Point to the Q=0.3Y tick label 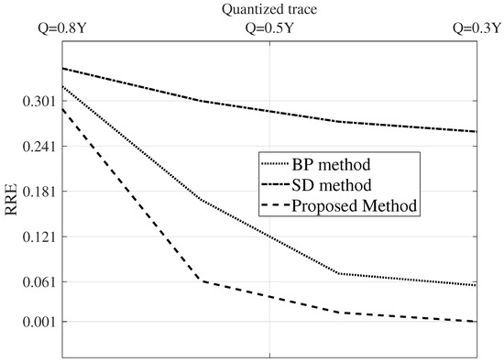pyautogui.click(x=477, y=27)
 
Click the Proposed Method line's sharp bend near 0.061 pyautogui.click(x=201, y=280)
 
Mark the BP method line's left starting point pyautogui.click(x=60, y=86)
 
